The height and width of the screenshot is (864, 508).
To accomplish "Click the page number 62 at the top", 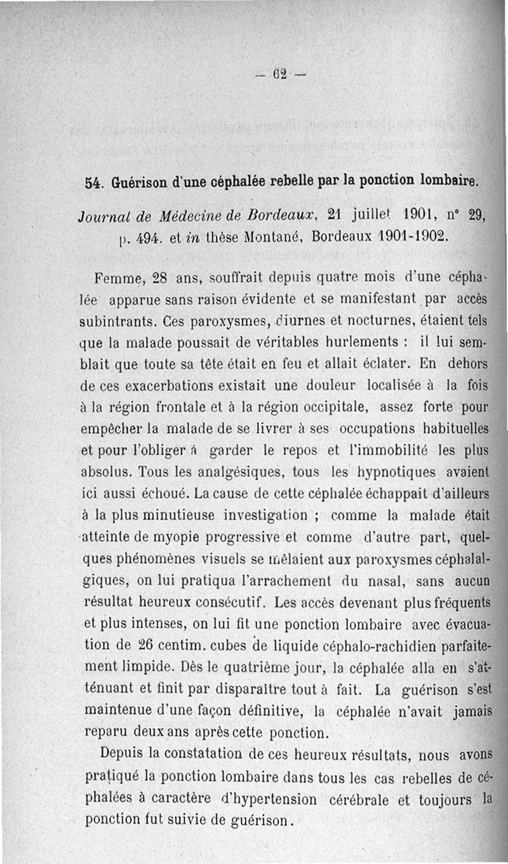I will pyautogui.click(x=279, y=71).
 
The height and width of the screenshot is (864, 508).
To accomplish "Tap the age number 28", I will pyautogui.click(x=158, y=278).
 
